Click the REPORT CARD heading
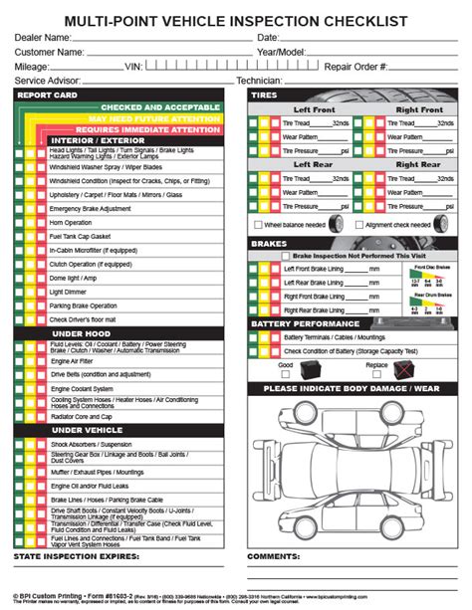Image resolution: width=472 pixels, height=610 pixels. click(47, 96)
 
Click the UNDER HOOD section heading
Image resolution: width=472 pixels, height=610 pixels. click(83, 333)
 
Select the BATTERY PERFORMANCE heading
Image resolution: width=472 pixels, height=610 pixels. click(305, 323)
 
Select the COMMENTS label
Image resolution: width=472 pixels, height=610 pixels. click(274, 556)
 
